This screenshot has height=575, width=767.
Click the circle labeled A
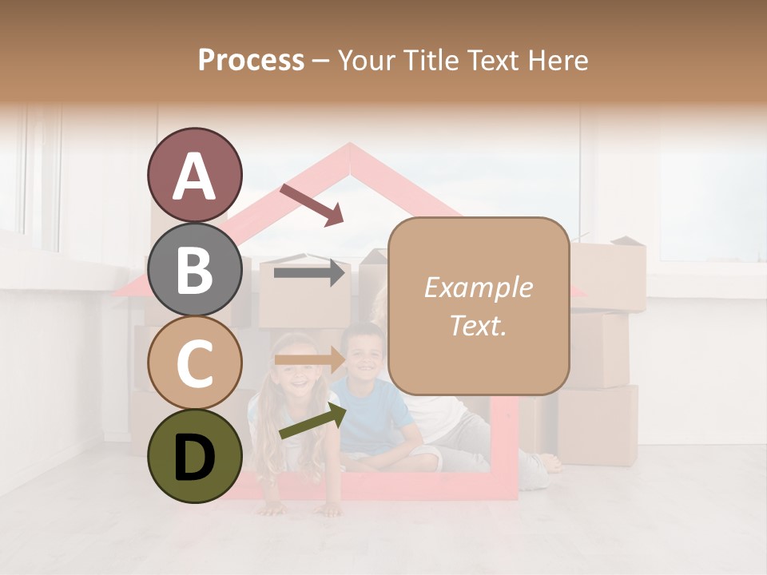(x=194, y=175)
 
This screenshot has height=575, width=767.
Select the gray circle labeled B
(x=194, y=269)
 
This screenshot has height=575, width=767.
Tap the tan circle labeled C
(x=194, y=363)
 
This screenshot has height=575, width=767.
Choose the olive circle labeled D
(x=194, y=456)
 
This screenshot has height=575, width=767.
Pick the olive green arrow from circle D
(x=312, y=421)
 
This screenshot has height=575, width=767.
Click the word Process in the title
(x=251, y=60)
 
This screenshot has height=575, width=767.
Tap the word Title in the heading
(x=432, y=60)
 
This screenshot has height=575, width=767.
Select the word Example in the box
(x=478, y=287)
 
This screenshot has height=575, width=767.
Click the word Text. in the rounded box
(x=478, y=325)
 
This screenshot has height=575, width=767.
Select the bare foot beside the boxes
(x=550, y=463)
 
